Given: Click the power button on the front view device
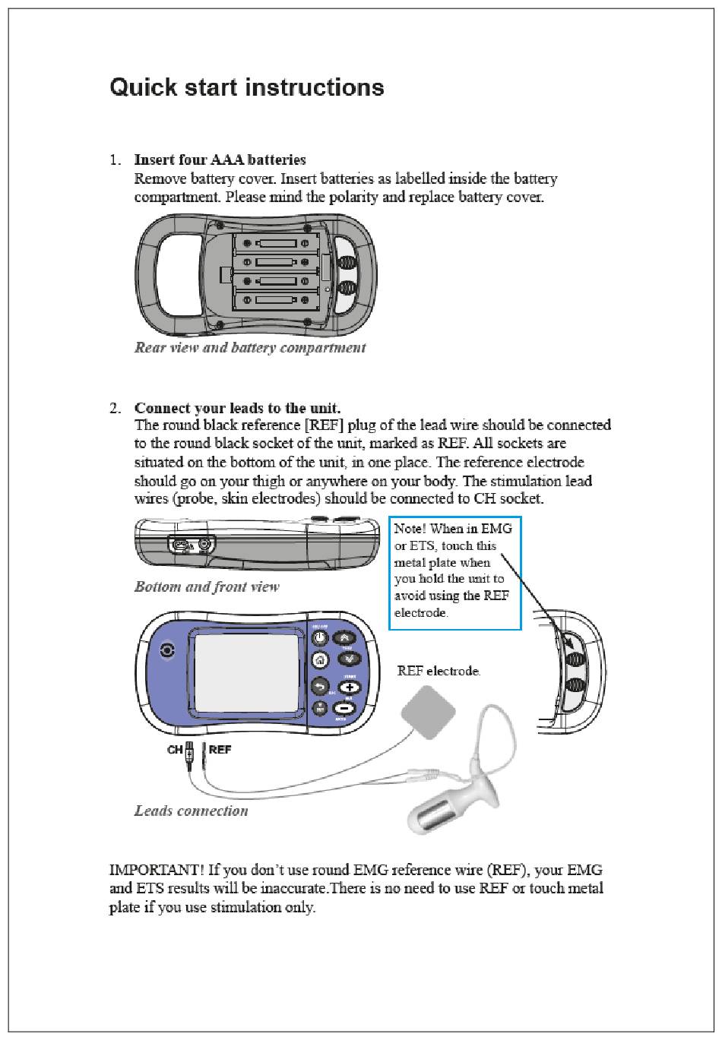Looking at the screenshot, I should pos(320,638).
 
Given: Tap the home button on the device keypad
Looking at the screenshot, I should pos(320,659).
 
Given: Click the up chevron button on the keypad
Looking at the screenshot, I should pos(347,638).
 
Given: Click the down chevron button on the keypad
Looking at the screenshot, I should pos(347,659).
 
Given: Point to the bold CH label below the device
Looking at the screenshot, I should pos(176,750).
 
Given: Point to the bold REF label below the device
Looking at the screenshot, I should pos(220,750).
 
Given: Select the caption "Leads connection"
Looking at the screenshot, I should pos(192,811).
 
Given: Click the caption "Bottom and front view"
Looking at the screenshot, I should pos(207,587).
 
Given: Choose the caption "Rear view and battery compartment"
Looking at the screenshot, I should pos(250,348).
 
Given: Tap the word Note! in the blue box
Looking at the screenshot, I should pos(410,529).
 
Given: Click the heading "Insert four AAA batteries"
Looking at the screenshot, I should pos(220,160).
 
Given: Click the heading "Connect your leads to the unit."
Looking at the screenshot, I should pos(237,408).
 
